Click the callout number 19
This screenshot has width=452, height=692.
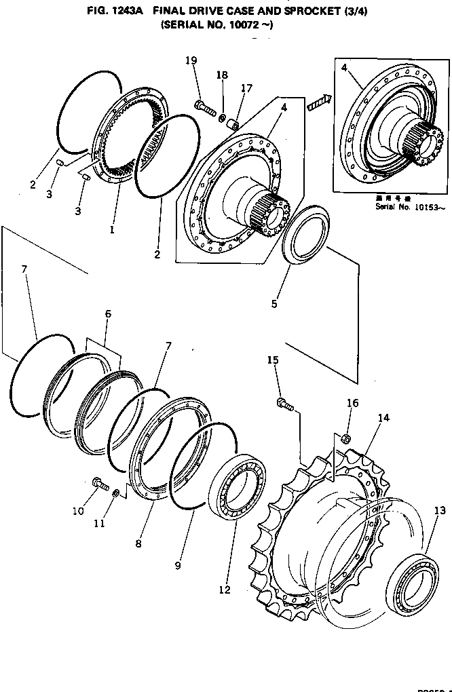191,61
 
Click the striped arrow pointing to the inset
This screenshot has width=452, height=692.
318,102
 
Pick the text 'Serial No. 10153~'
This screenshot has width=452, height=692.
410,206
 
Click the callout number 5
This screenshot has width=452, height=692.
274,304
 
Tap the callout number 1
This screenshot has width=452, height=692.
112,230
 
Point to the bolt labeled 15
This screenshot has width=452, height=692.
284,404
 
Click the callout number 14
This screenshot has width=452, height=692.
383,419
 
